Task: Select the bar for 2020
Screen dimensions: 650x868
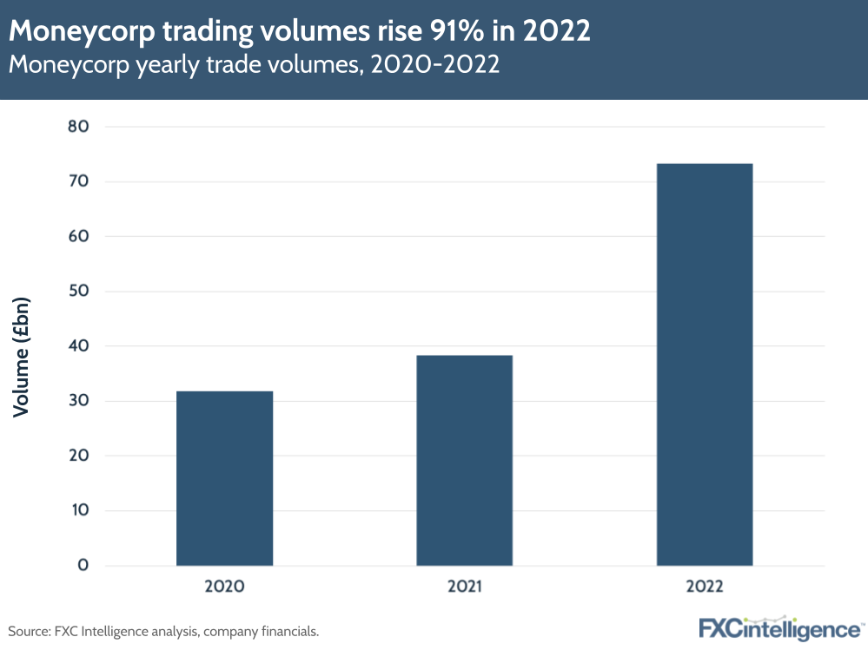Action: tap(224, 478)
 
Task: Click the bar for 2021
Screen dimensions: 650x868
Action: tap(464, 460)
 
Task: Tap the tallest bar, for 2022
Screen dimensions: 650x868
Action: tap(704, 364)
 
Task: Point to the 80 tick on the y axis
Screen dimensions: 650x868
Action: tap(79, 127)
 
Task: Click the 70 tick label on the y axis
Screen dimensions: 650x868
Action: tap(79, 181)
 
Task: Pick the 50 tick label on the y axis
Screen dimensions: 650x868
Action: tap(79, 292)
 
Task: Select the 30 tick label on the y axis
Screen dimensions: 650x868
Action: tap(79, 401)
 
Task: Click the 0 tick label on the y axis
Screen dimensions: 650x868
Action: tap(83, 566)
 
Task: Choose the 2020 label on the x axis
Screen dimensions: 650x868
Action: tap(224, 586)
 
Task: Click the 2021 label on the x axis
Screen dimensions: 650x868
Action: tap(464, 586)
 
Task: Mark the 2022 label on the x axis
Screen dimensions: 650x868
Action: tap(704, 586)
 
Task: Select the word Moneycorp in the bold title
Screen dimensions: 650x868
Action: tap(70, 32)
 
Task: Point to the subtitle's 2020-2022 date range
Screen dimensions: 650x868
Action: tap(434, 64)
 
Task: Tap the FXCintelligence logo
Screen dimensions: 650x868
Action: tap(779, 628)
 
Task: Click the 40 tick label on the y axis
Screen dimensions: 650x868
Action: tap(79, 346)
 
